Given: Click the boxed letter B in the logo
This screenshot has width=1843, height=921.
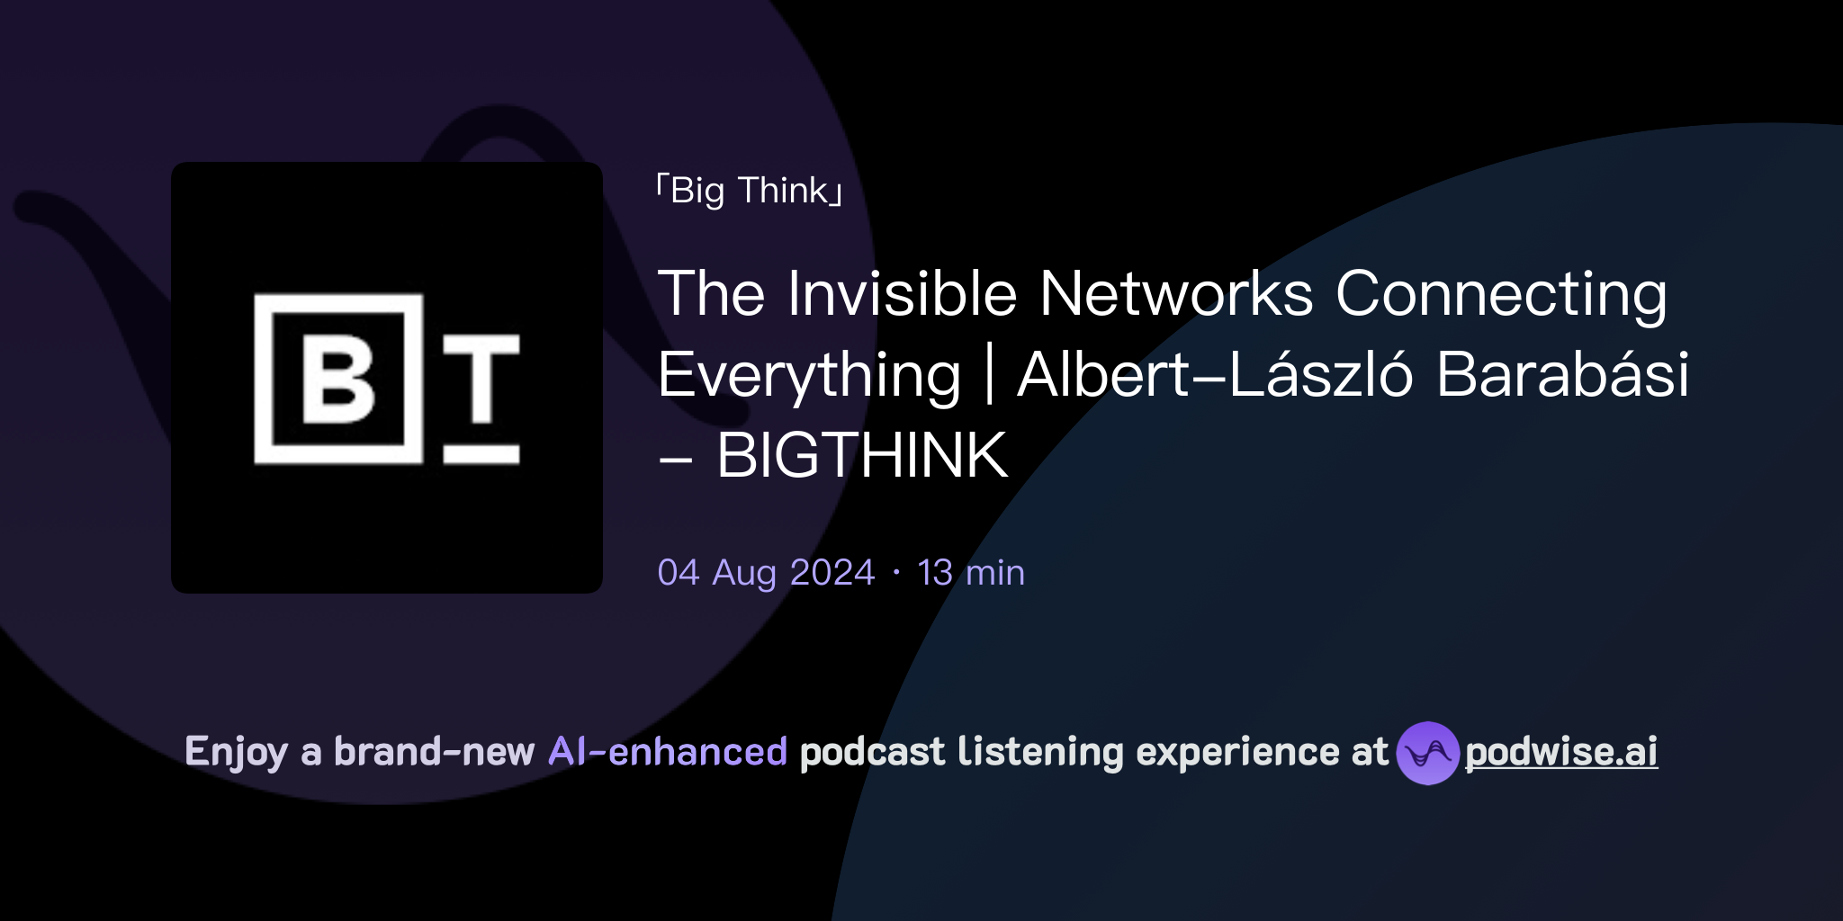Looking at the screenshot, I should tap(338, 380).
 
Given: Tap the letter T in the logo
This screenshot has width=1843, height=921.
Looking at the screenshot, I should tap(481, 378).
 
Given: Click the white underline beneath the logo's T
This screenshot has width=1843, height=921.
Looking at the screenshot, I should tap(481, 454).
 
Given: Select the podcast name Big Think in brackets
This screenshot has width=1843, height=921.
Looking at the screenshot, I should tap(750, 191).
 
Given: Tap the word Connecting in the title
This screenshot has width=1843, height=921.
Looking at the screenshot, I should tap(1501, 295).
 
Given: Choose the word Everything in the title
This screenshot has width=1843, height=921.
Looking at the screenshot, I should tap(809, 376).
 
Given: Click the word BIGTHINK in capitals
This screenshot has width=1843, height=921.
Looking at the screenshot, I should tap(862, 455).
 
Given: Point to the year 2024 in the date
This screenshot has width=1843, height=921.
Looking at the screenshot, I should tap(832, 573).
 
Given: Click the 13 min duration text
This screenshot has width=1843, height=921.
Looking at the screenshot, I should tap(971, 573).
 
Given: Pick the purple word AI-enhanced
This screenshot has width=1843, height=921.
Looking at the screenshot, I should tap(668, 752).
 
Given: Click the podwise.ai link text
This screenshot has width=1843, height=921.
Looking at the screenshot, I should tap(1561, 752).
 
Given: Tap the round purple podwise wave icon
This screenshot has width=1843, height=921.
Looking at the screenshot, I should tap(1427, 753).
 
